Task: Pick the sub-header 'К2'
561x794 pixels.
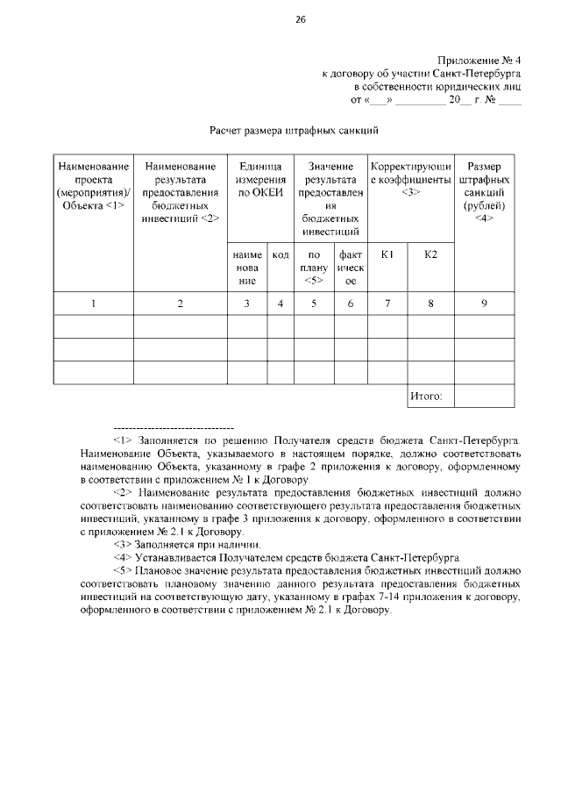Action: coord(430,254)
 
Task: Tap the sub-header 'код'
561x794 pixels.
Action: coord(280,254)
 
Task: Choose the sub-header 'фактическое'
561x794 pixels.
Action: coord(350,267)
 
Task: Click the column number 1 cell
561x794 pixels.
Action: coord(93,304)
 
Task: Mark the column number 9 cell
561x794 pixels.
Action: coord(484,304)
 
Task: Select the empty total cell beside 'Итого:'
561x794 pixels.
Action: coord(484,397)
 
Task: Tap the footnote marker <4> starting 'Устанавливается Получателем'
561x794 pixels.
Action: coord(122,558)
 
